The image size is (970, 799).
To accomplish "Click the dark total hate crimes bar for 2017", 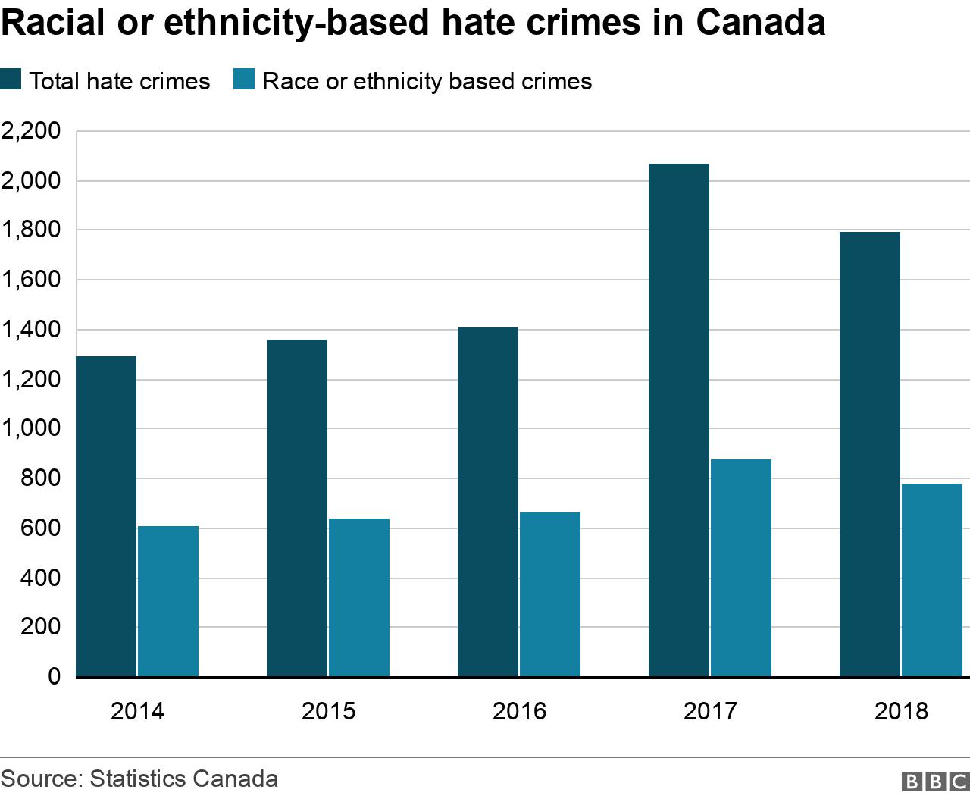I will point(679,421).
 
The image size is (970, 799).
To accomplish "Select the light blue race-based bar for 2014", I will point(167,601).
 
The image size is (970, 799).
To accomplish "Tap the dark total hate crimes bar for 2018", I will point(870,455).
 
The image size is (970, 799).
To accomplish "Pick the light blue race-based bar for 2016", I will point(549,594).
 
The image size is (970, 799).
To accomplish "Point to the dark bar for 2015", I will point(297,508).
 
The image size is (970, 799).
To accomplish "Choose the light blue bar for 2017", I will point(740,568).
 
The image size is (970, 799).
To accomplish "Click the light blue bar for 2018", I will point(931,580).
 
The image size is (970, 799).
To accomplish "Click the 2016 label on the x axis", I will point(519,711).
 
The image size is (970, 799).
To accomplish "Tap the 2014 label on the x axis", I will point(137,711).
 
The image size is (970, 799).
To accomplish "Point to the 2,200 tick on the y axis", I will point(31,132).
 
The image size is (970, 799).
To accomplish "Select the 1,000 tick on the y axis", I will point(31,428).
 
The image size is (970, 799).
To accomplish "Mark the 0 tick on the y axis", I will point(54,675).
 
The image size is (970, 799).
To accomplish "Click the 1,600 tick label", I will point(31,280).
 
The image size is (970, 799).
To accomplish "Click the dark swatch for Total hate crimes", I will point(11,80).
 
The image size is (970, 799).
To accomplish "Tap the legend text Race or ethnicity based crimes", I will point(427,81).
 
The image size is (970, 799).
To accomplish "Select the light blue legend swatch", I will point(244,80).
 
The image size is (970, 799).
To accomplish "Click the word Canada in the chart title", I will point(760,23).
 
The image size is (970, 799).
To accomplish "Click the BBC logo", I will point(934,782).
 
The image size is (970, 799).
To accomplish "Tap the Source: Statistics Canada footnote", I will point(139,779).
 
